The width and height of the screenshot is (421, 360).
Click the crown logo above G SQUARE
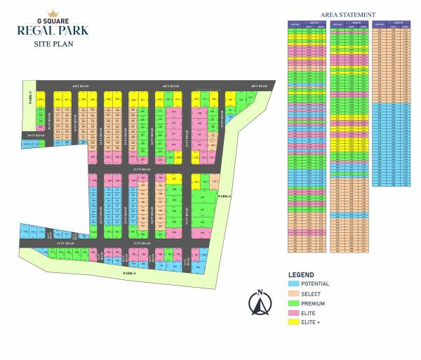pyautogui.click(x=52, y=13)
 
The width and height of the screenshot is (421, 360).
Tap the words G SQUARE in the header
pyautogui.click(x=52, y=21)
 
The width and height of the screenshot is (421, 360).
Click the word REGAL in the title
pyautogui.click(x=36, y=32)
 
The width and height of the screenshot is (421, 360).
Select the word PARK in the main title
pyautogui.click(x=72, y=32)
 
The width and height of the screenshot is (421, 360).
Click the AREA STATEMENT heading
pyautogui.click(x=347, y=14)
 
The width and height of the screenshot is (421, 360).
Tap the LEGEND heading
pyautogui.click(x=305, y=274)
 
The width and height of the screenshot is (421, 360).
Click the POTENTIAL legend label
pyautogui.click(x=315, y=284)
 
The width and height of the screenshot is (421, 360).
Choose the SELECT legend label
pyautogui.click(x=311, y=293)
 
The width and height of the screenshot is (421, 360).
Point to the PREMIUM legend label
pyautogui.click(x=313, y=302)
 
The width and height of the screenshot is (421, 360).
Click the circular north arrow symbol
pyautogui.click(x=260, y=305)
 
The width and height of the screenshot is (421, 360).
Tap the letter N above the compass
pyautogui.click(x=260, y=292)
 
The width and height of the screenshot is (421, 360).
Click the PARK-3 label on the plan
pyautogui.click(x=32, y=98)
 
